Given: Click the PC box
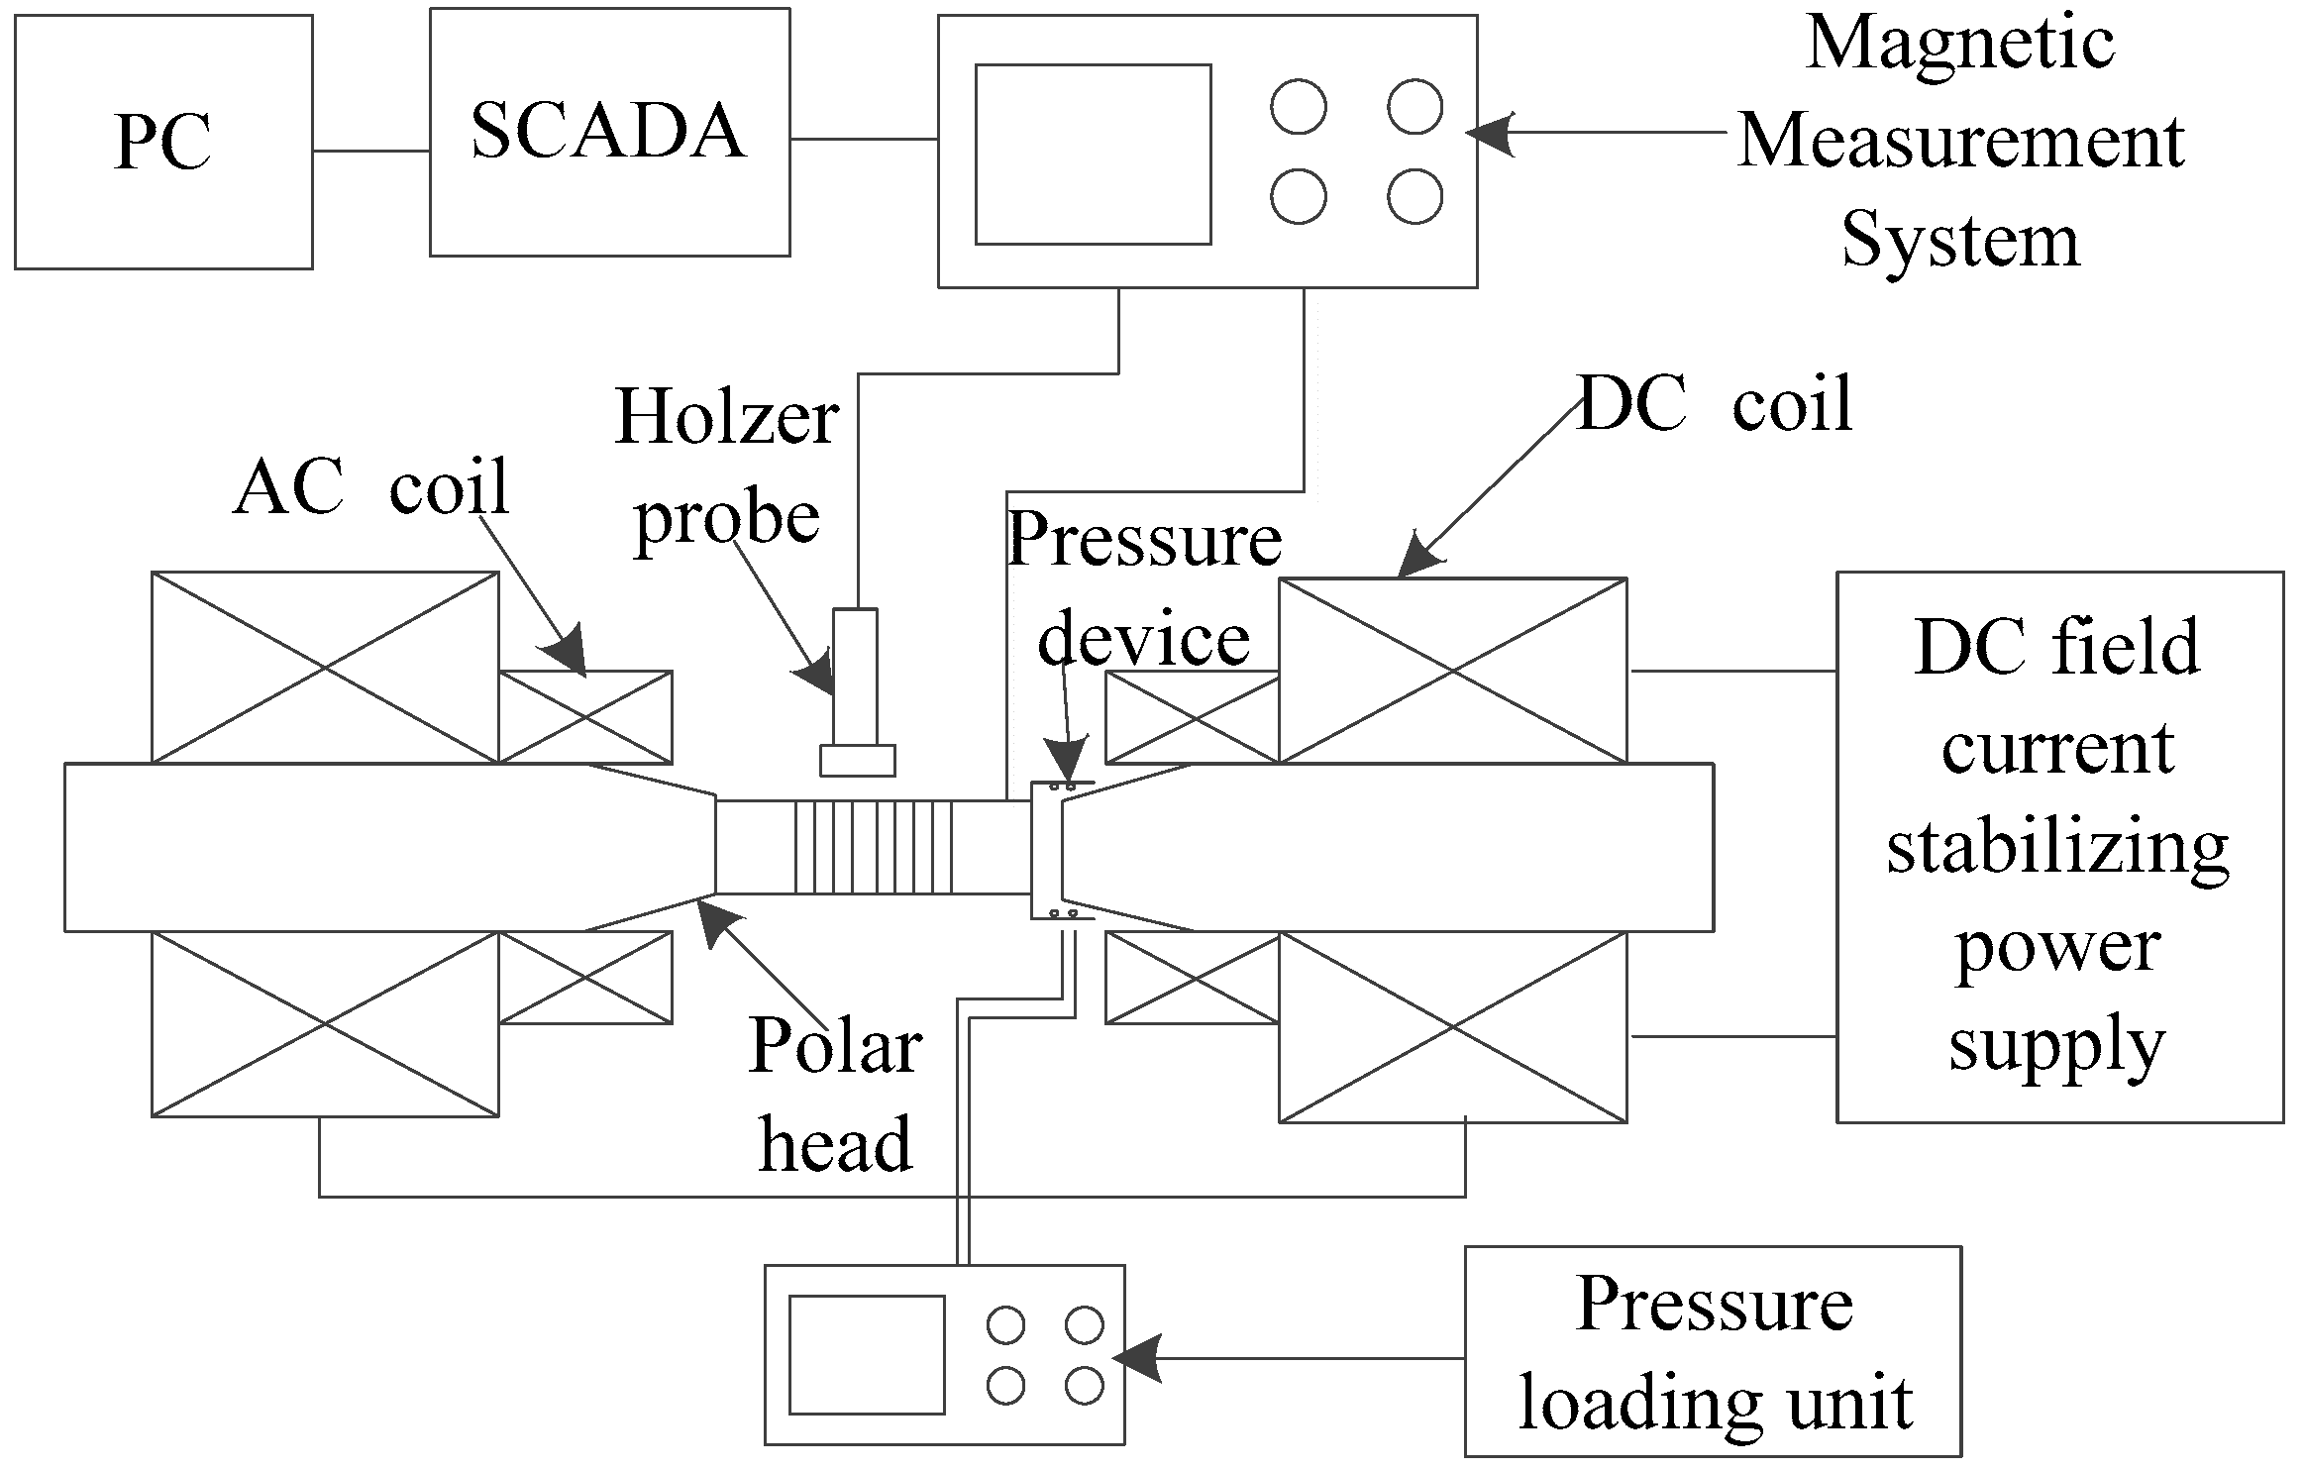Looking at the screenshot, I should click(x=163, y=142).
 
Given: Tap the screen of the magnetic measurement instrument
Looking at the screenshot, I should click(x=1093, y=154).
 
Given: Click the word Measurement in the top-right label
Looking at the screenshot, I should click(x=1960, y=142).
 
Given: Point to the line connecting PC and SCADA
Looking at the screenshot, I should click(x=370, y=151).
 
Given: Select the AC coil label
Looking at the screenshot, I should click(x=371, y=486).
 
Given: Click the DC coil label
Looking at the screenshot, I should click(x=1714, y=405).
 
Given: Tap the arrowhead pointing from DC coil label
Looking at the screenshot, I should click(x=1418, y=560).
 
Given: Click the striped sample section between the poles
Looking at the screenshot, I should click(x=873, y=847).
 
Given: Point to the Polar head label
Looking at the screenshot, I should click(x=835, y=1095).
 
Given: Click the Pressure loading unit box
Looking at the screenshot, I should click(x=1713, y=1352).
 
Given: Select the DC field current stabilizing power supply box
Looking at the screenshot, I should click(x=2059, y=847).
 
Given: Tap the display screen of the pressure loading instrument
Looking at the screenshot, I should click(x=866, y=1354).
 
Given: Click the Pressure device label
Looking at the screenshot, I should click(x=1144, y=590).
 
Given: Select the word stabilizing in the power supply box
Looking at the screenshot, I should click(x=2057, y=848).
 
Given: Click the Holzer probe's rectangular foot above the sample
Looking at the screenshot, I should click(x=857, y=760).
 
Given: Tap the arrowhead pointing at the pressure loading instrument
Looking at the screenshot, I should click(x=1137, y=1358).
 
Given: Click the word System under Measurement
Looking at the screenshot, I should click(x=1960, y=241).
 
